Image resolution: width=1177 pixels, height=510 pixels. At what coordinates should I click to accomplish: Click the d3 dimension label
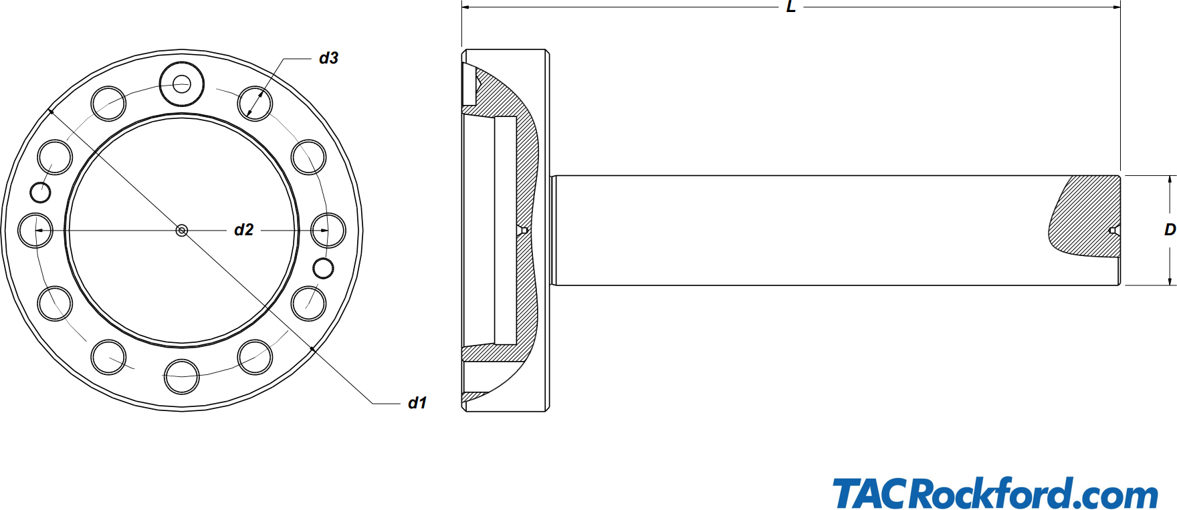(328, 58)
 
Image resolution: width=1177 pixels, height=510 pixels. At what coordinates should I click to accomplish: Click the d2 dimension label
(243, 230)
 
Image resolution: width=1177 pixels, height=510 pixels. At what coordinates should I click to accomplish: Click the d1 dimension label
(417, 402)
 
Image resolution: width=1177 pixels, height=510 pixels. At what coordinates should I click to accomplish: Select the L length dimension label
(790, 7)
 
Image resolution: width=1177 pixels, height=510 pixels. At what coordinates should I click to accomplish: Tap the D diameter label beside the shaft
(1170, 229)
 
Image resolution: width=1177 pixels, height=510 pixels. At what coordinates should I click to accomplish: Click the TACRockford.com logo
(995, 494)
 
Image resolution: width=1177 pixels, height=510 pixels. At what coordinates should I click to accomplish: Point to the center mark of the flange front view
(182, 231)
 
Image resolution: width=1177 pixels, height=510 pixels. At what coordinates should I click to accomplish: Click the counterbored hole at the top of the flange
(182, 84)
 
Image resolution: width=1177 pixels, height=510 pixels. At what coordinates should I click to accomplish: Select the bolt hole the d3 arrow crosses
(255, 103)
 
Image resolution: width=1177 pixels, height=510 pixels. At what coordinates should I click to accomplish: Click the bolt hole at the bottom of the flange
(182, 376)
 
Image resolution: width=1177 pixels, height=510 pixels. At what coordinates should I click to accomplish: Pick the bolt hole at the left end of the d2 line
(35, 231)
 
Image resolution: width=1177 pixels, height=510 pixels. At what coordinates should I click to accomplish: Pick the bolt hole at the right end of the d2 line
(328, 231)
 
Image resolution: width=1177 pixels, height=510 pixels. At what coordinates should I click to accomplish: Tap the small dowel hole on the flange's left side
(41, 193)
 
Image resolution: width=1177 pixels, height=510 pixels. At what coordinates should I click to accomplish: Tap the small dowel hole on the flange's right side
(324, 268)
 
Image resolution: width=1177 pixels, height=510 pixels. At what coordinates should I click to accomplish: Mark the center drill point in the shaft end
(1113, 231)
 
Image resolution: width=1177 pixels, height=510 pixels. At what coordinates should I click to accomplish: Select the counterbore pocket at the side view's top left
(468, 84)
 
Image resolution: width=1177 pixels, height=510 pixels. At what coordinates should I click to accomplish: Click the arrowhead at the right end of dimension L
(1116, 7)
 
